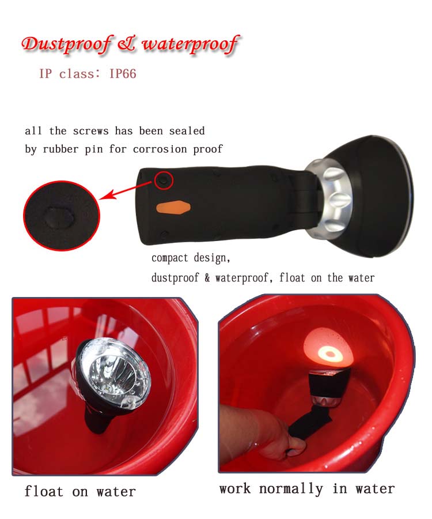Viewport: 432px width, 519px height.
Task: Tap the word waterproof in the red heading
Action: point(191,44)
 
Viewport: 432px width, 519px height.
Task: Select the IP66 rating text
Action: point(123,73)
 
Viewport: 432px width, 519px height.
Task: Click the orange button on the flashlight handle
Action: point(173,208)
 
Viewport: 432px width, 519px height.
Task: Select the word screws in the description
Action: point(90,131)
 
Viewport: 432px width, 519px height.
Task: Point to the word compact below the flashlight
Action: point(169,258)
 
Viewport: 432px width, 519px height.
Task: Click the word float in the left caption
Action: point(44,491)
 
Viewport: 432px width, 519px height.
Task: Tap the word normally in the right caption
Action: point(291,488)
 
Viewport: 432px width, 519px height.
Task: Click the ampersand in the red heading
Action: point(127,44)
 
